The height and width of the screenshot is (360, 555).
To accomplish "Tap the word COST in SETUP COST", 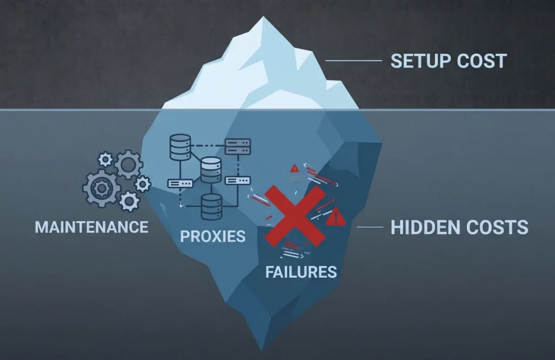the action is pyautogui.click(x=482, y=61).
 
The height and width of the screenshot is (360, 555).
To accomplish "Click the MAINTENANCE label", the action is pyautogui.click(x=91, y=227).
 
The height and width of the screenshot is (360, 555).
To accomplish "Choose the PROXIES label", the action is pyautogui.click(x=212, y=236).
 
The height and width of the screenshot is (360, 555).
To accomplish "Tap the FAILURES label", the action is pyautogui.click(x=301, y=272).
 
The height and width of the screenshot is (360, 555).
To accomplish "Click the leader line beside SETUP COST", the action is pyautogui.click(x=353, y=61).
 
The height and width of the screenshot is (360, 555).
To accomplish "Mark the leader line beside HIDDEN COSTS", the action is pyautogui.click(x=370, y=227).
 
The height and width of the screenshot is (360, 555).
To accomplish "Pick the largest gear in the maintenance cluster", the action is pyautogui.click(x=101, y=188).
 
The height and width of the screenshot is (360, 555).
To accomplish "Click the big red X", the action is pyautogui.click(x=295, y=216).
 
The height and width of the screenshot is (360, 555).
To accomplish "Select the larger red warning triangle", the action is pyautogui.click(x=335, y=217).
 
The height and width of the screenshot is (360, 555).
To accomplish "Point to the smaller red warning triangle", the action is pyautogui.click(x=294, y=169).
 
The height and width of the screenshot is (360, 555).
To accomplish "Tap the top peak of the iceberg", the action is pyautogui.click(x=263, y=17).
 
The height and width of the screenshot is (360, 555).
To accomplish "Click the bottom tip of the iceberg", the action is pyautogui.click(x=262, y=350).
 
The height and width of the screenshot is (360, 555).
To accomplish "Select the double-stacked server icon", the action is pyautogui.click(x=238, y=146).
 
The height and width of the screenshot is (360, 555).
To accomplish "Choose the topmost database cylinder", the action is pyautogui.click(x=180, y=147).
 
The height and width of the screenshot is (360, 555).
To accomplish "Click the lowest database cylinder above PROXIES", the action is pyautogui.click(x=212, y=207).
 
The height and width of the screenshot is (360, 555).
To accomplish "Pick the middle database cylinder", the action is pyautogui.click(x=211, y=170).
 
